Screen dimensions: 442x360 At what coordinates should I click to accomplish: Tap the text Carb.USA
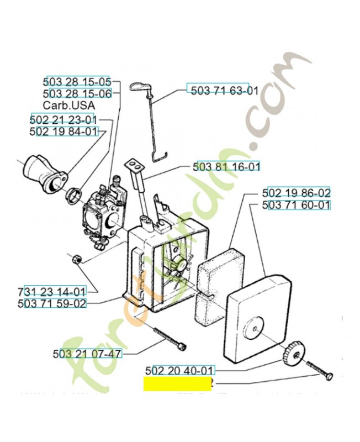tap(68, 105)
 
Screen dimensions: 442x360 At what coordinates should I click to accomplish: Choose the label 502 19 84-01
tap(63, 131)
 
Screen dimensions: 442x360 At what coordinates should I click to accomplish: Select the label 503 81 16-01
tap(226, 166)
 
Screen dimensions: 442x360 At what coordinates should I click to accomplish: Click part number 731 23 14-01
tap(52, 291)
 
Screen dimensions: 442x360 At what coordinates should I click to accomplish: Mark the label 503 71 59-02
tap(52, 303)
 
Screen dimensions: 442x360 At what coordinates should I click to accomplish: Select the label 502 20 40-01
tap(179, 371)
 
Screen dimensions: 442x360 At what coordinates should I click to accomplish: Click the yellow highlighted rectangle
tap(177, 384)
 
